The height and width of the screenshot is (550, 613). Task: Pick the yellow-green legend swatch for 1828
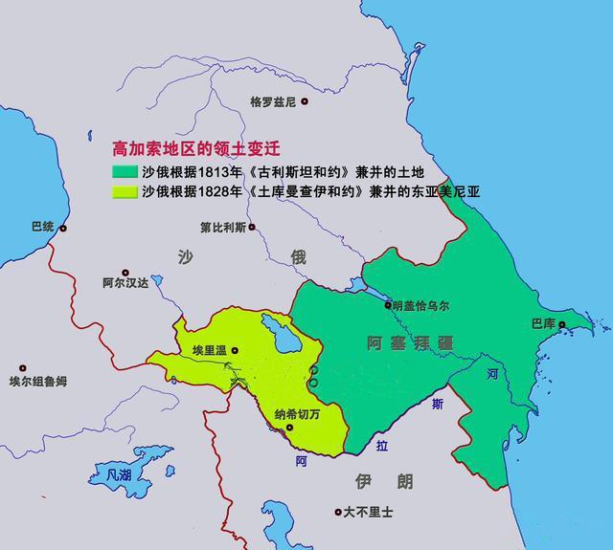tap(125, 191)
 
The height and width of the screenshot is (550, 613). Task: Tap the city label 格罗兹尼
tap(273, 101)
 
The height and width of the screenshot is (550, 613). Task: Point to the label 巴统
tap(43, 228)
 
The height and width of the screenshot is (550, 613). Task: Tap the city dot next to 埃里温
tap(234, 351)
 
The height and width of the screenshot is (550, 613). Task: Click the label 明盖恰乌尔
tap(420, 306)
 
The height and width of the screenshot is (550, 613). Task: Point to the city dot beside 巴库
tap(564, 325)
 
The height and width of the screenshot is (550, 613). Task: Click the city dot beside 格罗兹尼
tap(305, 100)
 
